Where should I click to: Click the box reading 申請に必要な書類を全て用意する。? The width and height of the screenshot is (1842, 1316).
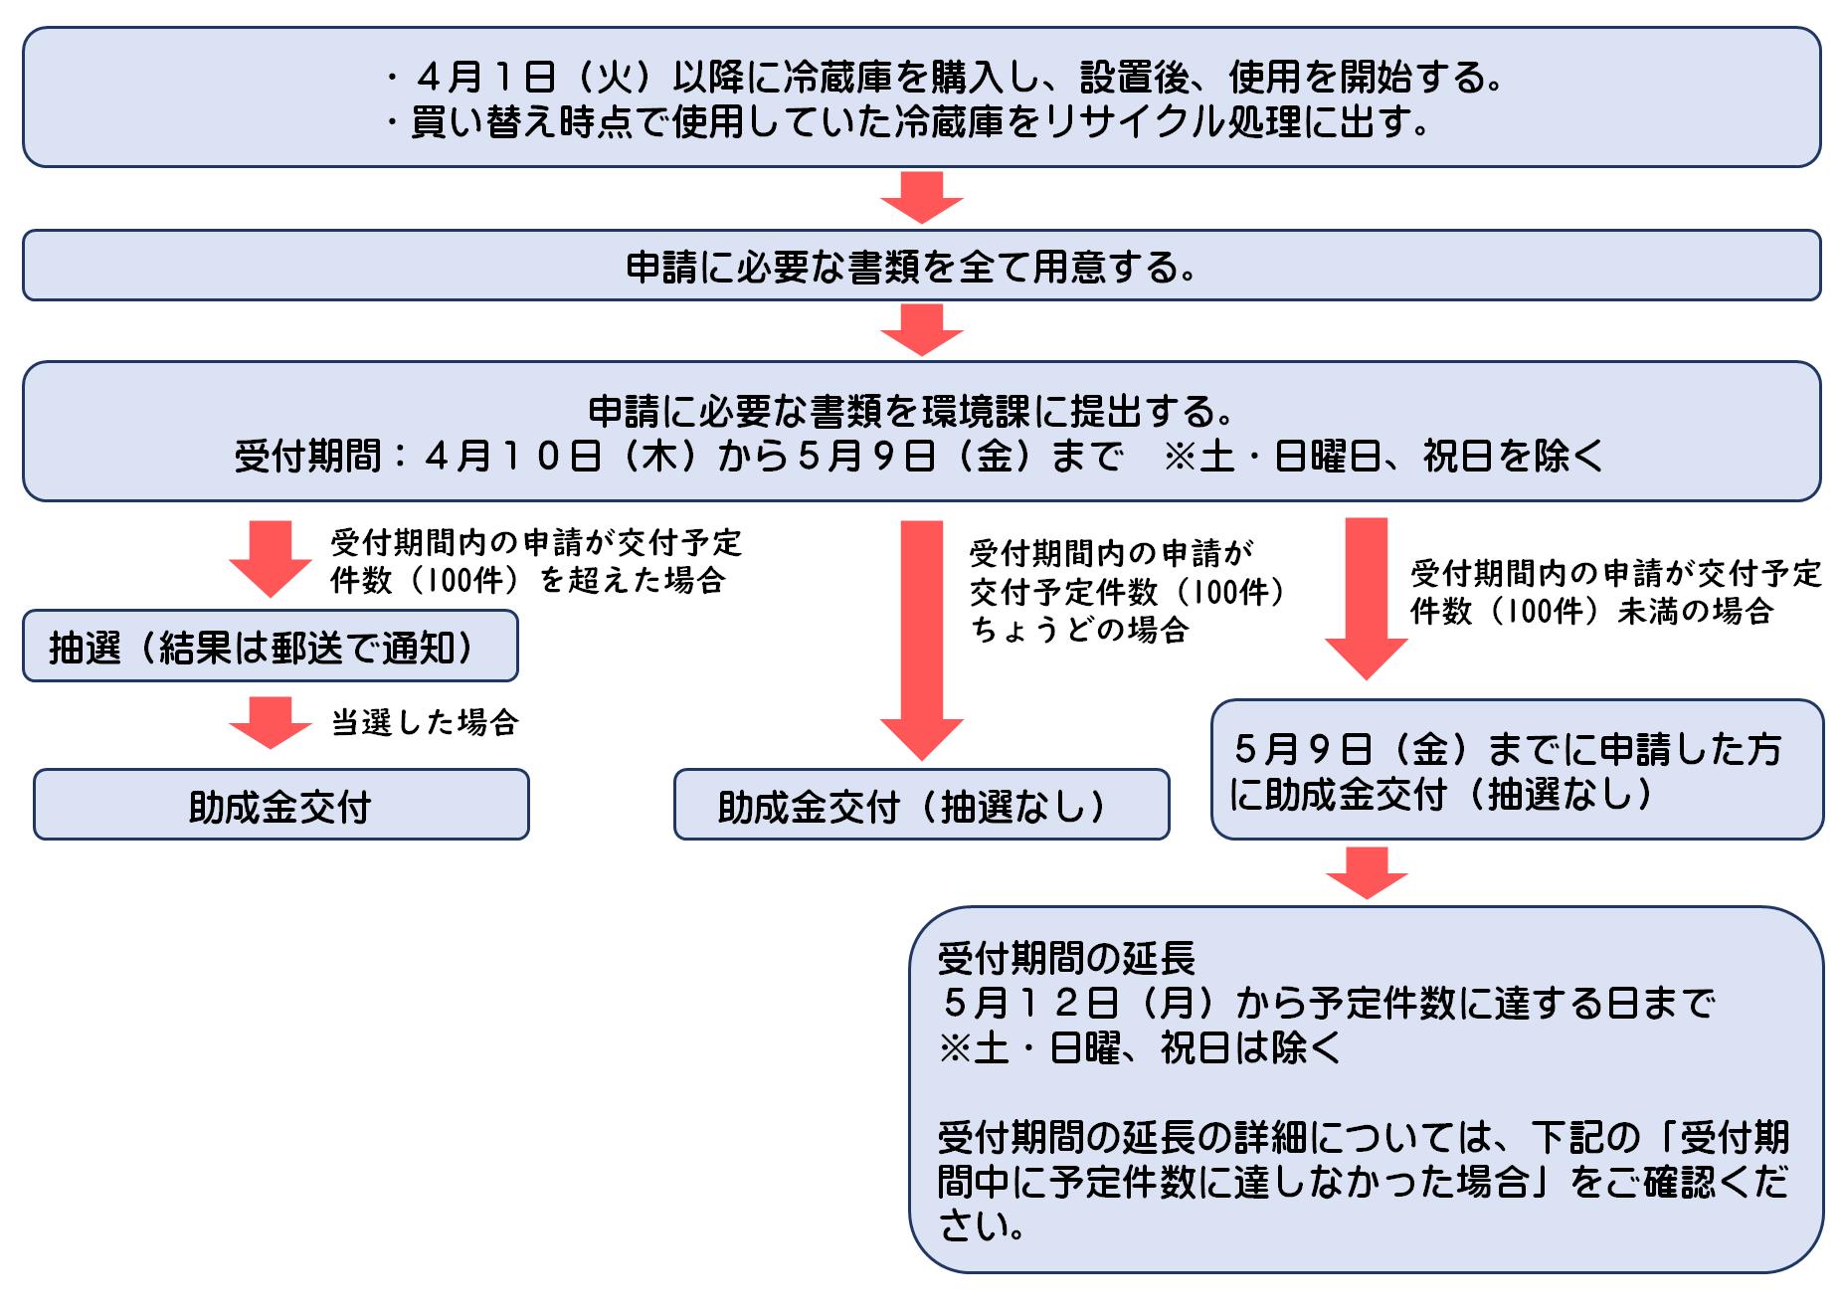point(921,266)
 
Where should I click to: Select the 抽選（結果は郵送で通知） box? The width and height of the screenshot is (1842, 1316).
point(270,647)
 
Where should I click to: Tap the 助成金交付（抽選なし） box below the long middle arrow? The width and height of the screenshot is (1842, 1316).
point(921,805)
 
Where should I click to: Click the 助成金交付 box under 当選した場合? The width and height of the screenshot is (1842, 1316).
point(280,805)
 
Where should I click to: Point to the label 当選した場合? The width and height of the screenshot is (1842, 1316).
point(425,722)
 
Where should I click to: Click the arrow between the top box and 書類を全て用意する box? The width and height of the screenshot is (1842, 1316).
point(922,197)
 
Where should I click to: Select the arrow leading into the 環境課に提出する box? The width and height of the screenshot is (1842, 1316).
point(922,329)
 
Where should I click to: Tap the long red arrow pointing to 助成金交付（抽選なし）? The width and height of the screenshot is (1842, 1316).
point(922,637)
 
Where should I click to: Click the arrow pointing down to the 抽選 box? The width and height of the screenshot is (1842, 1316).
point(271,557)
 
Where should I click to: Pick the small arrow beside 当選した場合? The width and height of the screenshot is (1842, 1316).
point(271,723)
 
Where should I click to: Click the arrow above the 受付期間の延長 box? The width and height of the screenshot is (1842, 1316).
point(1367,872)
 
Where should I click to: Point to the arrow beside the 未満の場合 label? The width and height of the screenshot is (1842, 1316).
point(1367,597)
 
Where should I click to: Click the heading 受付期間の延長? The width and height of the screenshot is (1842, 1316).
point(1066,958)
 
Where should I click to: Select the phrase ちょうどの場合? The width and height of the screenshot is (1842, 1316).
point(1079,630)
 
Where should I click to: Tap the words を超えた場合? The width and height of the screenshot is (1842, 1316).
point(632,580)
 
